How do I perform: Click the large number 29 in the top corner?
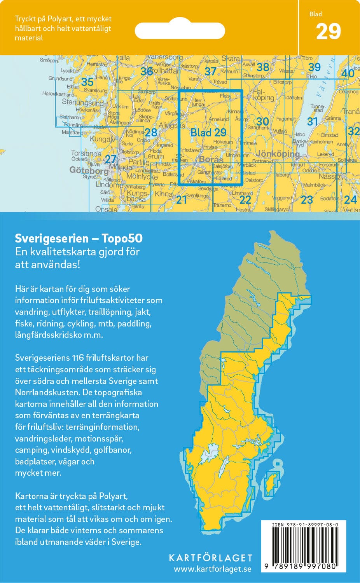[x=328, y=32]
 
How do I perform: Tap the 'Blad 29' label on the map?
[x=208, y=133]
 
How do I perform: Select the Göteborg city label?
[x=89, y=170]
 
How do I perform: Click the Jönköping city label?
[x=278, y=154]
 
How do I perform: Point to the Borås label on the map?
[x=211, y=159]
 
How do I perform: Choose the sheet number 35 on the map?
[x=87, y=82]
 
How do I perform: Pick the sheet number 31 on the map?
[x=313, y=122]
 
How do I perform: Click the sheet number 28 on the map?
[x=151, y=132]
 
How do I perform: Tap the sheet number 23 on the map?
[x=307, y=200]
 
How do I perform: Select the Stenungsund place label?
[x=83, y=103]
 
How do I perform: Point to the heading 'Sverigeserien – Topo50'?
[x=79, y=238]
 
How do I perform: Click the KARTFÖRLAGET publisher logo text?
[x=210, y=558]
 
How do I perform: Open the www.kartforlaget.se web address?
[x=212, y=569]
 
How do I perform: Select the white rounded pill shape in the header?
[x=180, y=30]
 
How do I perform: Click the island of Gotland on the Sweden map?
[x=271, y=484]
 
